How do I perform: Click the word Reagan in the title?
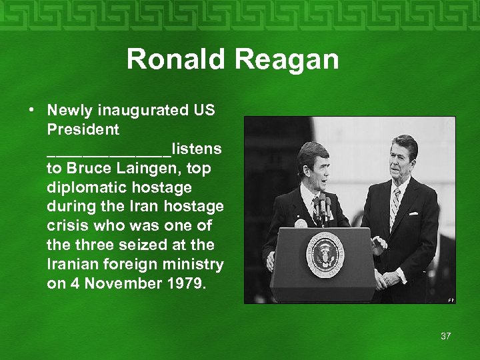[286, 59]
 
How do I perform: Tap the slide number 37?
[445, 336]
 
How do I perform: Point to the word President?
[83, 129]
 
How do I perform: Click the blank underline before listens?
[109, 149]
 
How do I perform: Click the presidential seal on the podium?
[325, 254]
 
